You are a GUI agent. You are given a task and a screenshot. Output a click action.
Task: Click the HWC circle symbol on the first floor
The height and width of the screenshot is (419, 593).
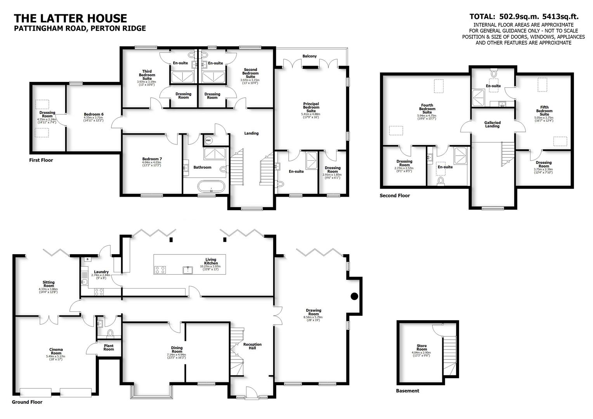click(208, 140)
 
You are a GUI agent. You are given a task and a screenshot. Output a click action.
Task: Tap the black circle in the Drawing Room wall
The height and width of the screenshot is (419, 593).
click(354, 296)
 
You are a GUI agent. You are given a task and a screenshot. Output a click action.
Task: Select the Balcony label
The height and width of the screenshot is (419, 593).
click(310, 56)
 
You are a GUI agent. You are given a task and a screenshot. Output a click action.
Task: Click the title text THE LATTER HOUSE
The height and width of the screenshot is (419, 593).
click(70, 18)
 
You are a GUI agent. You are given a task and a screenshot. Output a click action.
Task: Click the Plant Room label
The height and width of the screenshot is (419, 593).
click(109, 347)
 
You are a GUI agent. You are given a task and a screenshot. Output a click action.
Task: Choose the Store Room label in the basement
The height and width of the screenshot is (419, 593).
click(421, 348)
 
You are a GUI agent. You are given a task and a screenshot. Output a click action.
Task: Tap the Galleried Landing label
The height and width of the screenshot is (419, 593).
click(492, 124)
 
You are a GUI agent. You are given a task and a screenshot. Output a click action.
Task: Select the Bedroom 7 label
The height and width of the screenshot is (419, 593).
click(152, 159)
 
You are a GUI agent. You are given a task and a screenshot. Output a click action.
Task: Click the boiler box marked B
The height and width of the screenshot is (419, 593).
click(87, 259)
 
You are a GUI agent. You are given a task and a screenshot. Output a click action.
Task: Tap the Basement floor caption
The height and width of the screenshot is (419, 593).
click(407, 391)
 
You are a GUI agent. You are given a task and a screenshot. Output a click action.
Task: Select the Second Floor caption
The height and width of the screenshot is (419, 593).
click(394, 196)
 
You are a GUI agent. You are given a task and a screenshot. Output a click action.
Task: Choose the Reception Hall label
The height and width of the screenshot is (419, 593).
click(252, 346)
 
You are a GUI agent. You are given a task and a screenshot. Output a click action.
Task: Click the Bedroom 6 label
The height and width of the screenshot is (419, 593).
click(94, 114)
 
